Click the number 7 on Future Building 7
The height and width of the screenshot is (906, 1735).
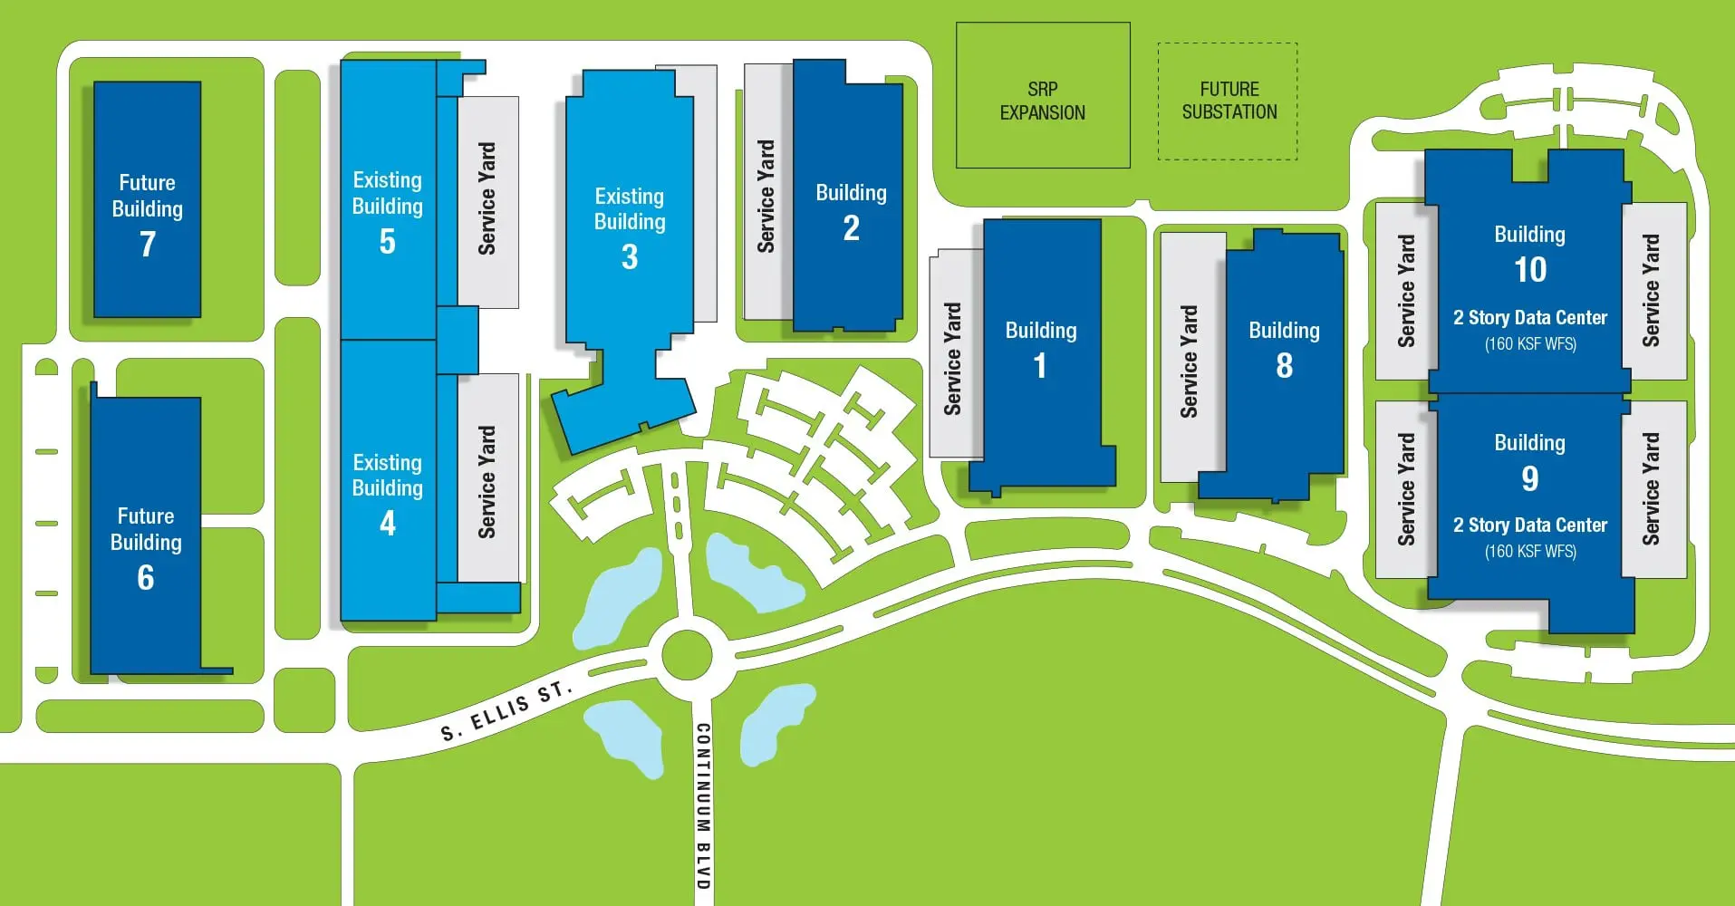[x=148, y=244]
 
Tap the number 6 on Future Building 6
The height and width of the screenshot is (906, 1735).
[x=146, y=577]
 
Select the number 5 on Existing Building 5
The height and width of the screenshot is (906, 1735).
[x=387, y=242]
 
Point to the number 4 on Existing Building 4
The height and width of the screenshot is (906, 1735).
[x=387, y=523]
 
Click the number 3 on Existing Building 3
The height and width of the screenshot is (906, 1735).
[x=630, y=257]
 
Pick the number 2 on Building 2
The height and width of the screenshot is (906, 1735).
[x=851, y=228]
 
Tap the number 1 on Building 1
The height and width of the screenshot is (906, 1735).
[x=1040, y=366]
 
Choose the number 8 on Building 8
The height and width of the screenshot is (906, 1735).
[x=1284, y=366]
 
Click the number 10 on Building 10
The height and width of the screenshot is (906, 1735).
[x=1530, y=270]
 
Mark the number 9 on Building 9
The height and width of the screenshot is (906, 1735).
[x=1529, y=478]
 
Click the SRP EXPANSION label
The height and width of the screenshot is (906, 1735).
[x=1043, y=101]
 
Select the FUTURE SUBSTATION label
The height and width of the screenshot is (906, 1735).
[x=1229, y=101]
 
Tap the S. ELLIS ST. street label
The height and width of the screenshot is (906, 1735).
[x=506, y=711]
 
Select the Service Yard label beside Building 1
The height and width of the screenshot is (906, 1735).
[x=952, y=359]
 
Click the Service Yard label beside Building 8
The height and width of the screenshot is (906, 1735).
[x=1189, y=361]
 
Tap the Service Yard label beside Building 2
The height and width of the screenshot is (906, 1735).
[x=766, y=196]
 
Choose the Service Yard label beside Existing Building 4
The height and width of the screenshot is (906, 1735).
[x=487, y=482]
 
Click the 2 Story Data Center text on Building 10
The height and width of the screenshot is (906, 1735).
[x=1530, y=318]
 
